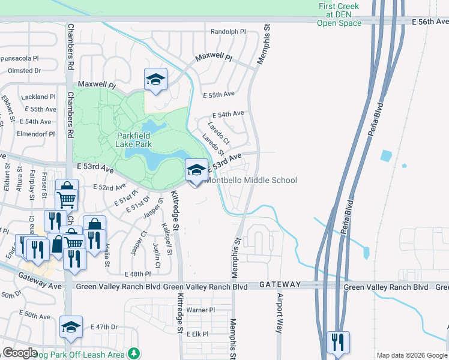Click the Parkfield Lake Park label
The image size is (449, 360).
134,140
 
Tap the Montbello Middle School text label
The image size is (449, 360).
252,180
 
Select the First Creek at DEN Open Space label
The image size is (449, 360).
339,15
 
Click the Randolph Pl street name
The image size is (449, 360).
228,31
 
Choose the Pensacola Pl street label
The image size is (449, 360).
19,59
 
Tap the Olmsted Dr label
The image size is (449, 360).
25,70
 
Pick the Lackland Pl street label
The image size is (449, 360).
38,97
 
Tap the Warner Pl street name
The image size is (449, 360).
200,310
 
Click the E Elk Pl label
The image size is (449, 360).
197,334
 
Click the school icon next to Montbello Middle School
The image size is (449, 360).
196,170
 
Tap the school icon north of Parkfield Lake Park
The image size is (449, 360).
155,79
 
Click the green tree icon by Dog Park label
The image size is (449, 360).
137,354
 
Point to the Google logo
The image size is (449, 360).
20,353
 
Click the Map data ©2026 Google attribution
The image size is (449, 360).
412,355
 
